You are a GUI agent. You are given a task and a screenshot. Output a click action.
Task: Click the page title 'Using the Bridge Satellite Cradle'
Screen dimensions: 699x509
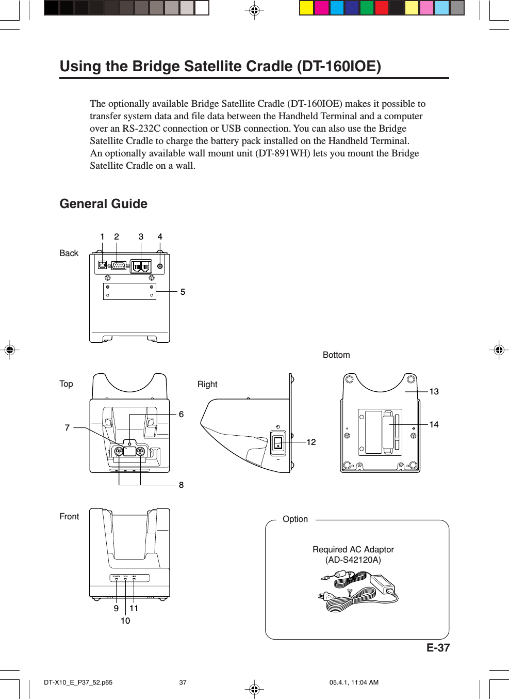pos(220,67)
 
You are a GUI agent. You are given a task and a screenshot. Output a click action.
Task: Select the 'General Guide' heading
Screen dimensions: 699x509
pos(103,204)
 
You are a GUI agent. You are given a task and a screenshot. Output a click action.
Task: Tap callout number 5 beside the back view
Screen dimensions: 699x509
pos(183,292)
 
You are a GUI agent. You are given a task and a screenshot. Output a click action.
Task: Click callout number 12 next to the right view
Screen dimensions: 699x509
pos(311,442)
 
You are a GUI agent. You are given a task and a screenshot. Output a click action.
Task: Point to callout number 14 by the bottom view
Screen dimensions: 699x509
pos(434,425)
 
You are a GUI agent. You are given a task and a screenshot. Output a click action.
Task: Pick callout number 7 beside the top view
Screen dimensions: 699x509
pos(67,428)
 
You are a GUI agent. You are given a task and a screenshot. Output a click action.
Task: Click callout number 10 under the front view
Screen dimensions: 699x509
pos(125,621)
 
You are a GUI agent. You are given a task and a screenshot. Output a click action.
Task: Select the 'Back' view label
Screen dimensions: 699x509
pos(69,253)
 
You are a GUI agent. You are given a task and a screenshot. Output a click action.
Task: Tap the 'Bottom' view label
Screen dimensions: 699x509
pos(336,355)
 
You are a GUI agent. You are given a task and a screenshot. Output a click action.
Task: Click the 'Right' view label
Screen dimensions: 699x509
pos(207,385)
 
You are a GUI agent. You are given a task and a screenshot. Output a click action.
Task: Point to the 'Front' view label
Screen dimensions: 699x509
pos(69,517)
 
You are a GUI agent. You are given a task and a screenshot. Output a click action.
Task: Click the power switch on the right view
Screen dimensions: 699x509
pos(278,442)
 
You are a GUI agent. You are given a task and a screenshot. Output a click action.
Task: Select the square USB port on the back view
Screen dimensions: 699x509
pos(103,265)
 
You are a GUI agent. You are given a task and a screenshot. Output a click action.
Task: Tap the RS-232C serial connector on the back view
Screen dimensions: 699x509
pos(119,266)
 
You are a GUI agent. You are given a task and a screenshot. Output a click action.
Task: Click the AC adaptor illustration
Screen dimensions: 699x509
pos(358,591)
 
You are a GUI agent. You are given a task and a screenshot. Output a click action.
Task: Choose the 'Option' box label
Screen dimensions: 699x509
pos(295,519)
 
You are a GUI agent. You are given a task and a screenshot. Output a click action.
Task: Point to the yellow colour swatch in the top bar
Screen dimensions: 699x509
pos(307,8)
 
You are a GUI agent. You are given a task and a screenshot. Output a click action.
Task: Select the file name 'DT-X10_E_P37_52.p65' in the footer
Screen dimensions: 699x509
pos(78,682)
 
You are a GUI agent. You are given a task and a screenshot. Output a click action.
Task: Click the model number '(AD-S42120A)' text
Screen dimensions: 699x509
pos(353,560)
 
